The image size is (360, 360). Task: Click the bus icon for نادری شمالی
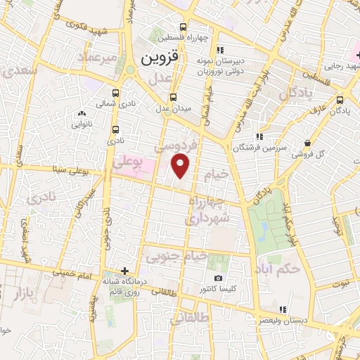click(x=115, y=93)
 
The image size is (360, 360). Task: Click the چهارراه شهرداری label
click(x=208, y=210)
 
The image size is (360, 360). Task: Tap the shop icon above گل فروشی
click(x=308, y=143)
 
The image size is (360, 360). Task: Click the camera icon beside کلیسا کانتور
click(x=207, y=278)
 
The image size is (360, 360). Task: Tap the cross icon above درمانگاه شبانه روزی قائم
click(x=124, y=271)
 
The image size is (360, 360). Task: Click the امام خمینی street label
click(x=77, y=278)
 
